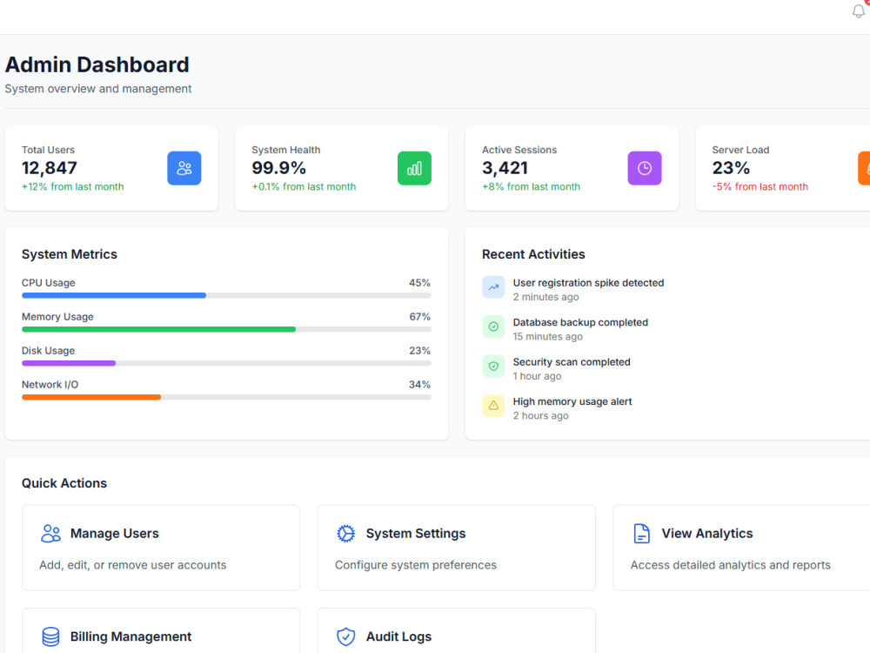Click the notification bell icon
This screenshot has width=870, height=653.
click(x=859, y=10)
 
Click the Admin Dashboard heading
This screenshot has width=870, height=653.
click(x=97, y=64)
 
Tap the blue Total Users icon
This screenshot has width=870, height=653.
click(x=184, y=168)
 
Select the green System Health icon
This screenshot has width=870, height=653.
click(x=414, y=168)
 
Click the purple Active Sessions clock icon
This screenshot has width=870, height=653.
click(x=645, y=168)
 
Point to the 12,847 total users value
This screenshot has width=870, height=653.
click(x=50, y=168)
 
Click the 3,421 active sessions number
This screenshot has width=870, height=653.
click(x=505, y=168)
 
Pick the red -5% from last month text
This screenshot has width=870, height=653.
click(x=760, y=186)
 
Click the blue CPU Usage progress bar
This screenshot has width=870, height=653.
click(x=114, y=295)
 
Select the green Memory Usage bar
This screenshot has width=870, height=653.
click(x=158, y=329)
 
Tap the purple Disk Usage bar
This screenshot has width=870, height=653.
click(x=69, y=363)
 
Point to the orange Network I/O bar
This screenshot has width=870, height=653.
click(x=91, y=397)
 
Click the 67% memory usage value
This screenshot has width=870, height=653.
click(x=419, y=317)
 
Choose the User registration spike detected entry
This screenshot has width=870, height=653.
click(x=588, y=283)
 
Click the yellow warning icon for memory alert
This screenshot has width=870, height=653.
click(x=493, y=406)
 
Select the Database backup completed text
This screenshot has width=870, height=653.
click(x=580, y=322)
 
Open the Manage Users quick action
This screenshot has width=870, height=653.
click(x=161, y=548)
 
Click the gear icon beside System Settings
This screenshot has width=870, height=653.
click(x=345, y=534)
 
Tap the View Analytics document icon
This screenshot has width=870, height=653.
click(x=641, y=534)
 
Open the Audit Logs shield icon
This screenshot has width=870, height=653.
click(x=345, y=637)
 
